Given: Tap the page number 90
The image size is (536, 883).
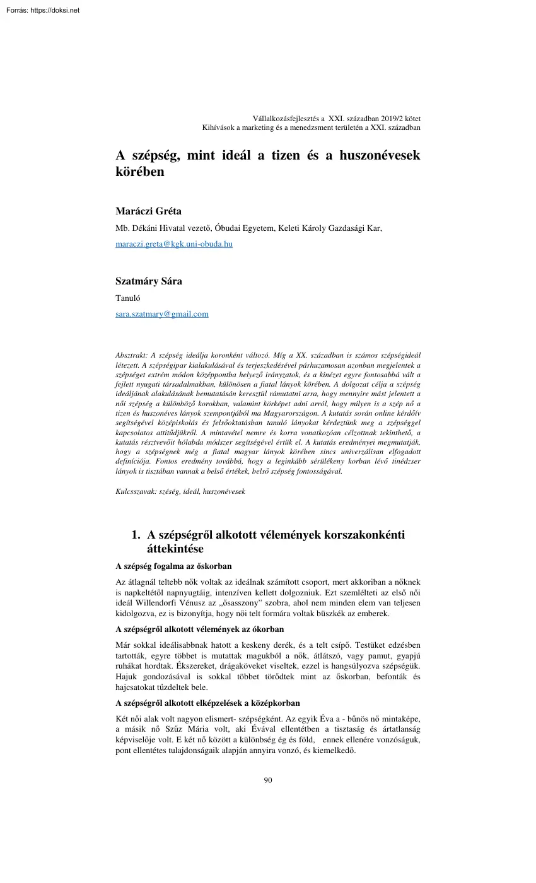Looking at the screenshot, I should [x=268, y=780].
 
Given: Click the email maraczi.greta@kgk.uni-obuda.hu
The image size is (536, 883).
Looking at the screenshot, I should [x=174, y=244].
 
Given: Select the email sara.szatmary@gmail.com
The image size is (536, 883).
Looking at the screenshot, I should [x=162, y=313].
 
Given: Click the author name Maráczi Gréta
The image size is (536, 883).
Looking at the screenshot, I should [x=149, y=211].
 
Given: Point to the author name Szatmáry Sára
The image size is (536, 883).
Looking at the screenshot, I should [x=149, y=281].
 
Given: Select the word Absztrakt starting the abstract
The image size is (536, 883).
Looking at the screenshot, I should [x=131, y=356].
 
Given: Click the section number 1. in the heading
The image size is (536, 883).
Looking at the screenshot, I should [x=136, y=535].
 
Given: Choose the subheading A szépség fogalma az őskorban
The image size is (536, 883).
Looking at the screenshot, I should [x=178, y=566].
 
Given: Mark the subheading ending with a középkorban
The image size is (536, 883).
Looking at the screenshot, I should [x=207, y=703].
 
